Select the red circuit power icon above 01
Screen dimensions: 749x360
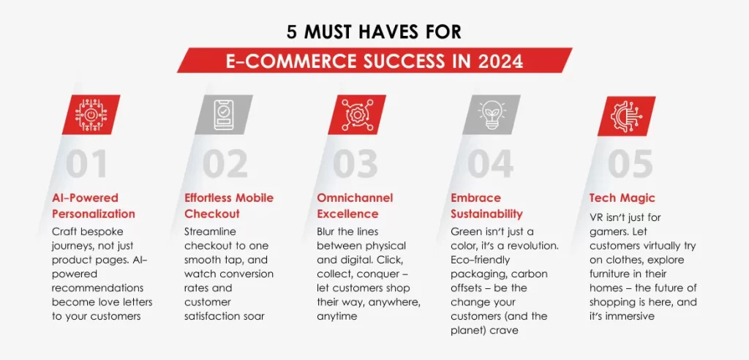pyautogui.click(x=91, y=115)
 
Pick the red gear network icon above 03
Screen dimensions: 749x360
pyautogui.click(x=356, y=115)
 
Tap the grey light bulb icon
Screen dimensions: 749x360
pyautogui.click(x=491, y=115)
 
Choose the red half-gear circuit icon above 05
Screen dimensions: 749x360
pyautogui.click(x=626, y=115)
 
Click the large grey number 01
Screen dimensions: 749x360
pyautogui.click(x=87, y=163)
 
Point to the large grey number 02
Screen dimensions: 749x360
pyautogui.click(x=225, y=163)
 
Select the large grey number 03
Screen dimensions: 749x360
pyautogui.click(x=355, y=163)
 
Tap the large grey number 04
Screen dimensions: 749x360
pyautogui.click(x=491, y=163)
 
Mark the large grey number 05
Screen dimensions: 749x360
pyautogui.click(x=630, y=163)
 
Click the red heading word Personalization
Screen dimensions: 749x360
pyautogui.click(x=94, y=213)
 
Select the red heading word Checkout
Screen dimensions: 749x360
pyautogui.click(x=212, y=213)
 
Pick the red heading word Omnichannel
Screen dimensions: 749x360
pyautogui.click(x=355, y=198)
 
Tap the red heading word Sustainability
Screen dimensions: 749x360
pyautogui.click(x=486, y=213)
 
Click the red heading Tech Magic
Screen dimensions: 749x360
pyautogui.click(x=622, y=198)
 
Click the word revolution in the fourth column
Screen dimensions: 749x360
pyautogui.click(x=535, y=246)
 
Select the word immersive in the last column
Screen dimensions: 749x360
pyautogui.click(x=631, y=316)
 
